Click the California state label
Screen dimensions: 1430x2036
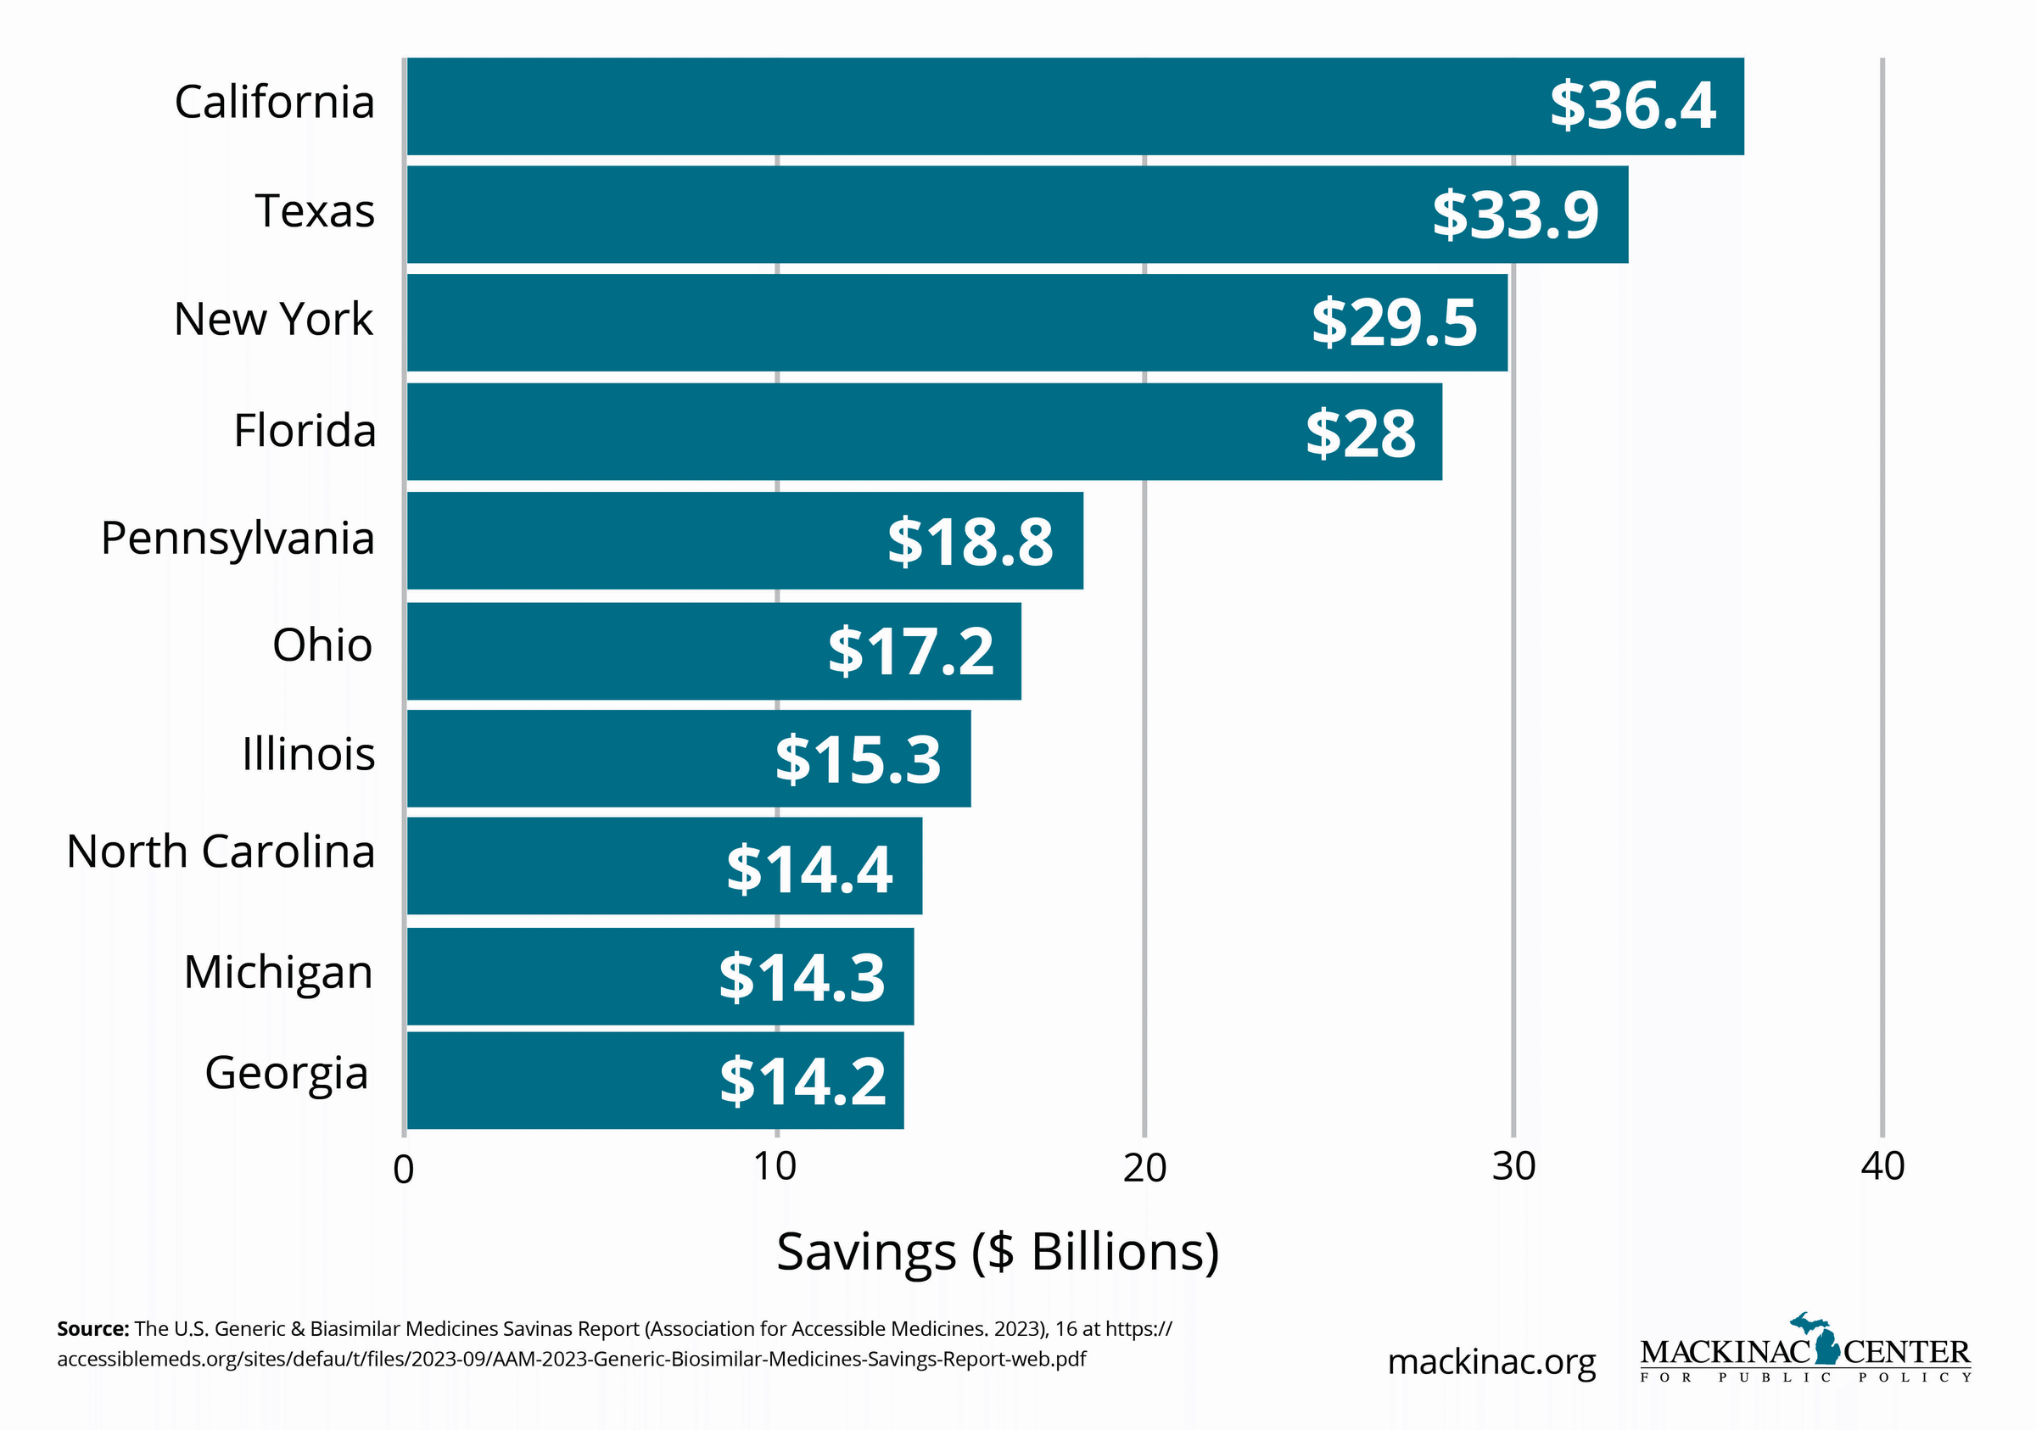pyautogui.click(x=275, y=102)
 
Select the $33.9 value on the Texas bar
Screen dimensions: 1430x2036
pyautogui.click(x=1514, y=215)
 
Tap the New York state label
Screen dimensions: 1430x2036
pyautogui.click(x=273, y=319)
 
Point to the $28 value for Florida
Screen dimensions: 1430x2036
pyautogui.click(x=1360, y=433)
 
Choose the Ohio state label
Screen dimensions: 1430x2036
pyautogui.click(x=322, y=645)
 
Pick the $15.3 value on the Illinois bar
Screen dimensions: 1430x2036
pyautogui.click(x=858, y=760)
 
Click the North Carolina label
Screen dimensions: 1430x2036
pyautogui.click(x=221, y=852)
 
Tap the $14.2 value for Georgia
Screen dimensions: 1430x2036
pyautogui.click(x=803, y=1081)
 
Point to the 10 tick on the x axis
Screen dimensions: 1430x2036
pyautogui.click(x=775, y=1167)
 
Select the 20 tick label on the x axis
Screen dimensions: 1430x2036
pyautogui.click(x=1144, y=1168)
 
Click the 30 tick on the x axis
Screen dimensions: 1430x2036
pyautogui.click(x=1513, y=1167)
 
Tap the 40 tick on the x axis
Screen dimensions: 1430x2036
pyautogui.click(x=1882, y=1167)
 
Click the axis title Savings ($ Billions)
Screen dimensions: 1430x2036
pyautogui.click(x=998, y=1252)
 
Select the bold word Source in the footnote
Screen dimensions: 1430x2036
pyautogui.click(x=93, y=1329)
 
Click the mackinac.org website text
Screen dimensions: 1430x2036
pyautogui.click(x=1491, y=1362)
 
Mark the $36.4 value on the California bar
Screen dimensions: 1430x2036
pyautogui.click(x=1631, y=105)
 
